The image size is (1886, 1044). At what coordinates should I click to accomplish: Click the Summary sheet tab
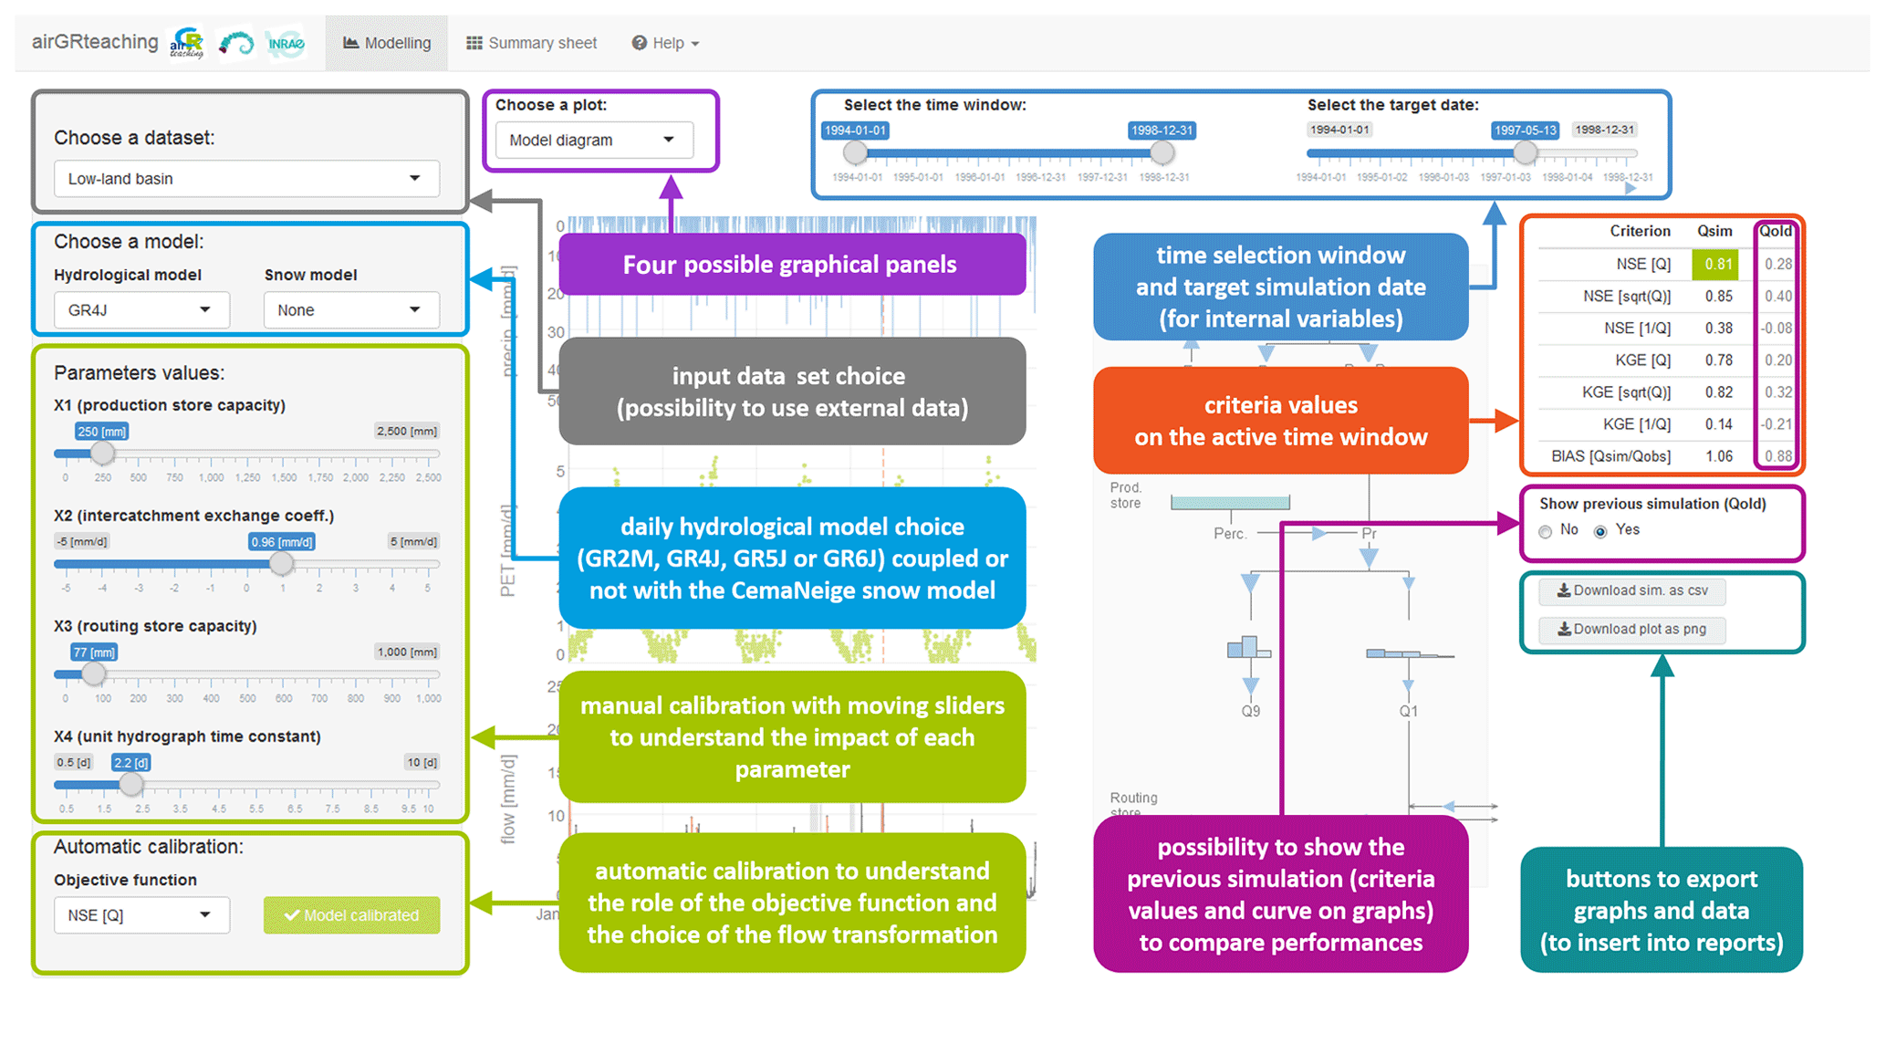pyautogui.click(x=532, y=43)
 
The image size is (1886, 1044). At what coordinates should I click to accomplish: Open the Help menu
pyautogui.click(x=665, y=43)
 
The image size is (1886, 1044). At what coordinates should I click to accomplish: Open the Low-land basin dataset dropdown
pyautogui.click(x=246, y=179)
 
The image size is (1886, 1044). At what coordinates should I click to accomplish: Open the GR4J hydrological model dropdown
pyautogui.click(x=141, y=310)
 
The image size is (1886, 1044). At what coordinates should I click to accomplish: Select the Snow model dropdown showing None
pyautogui.click(x=350, y=310)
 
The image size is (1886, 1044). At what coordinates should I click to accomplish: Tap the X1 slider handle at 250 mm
pyautogui.click(x=103, y=453)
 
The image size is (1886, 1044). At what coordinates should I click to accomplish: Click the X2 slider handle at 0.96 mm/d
pyautogui.click(x=282, y=563)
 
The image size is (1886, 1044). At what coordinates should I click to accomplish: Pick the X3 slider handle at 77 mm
pyautogui.click(x=93, y=674)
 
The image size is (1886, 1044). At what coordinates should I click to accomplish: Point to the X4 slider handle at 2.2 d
pyautogui.click(x=131, y=784)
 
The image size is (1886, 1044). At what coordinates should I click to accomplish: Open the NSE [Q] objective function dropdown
pyautogui.click(x=141, y=915)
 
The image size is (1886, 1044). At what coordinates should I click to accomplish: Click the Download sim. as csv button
pyautogui.click(x=1631, y=590)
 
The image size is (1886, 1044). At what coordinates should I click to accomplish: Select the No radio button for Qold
pyautogui.click(x=1546, y=531)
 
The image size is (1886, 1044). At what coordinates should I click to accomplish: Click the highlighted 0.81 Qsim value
pyautogui.click(x=1716, y=265)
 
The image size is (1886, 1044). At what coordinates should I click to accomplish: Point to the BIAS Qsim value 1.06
pyautogui.click(x=1718, y=456)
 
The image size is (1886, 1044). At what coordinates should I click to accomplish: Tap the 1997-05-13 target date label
pyautogui.click(x=1525, y=130)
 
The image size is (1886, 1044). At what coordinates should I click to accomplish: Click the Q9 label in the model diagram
pyautogui.click(x=1250, y=711)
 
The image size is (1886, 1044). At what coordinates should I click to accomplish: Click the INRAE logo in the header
pyautogui.click(x=286, y=43)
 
